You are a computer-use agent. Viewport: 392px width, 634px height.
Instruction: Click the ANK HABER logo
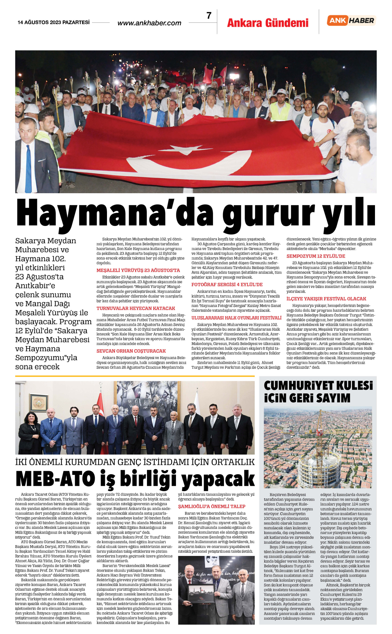pos(351,21)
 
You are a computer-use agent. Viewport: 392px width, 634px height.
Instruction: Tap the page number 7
pos(209,16)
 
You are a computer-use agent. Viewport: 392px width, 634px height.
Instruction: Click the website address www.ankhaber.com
pos(149,23)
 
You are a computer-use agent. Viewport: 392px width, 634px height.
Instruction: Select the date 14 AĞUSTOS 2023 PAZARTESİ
pos(54,22)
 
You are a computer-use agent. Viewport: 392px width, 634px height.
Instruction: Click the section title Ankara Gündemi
pos(268,23)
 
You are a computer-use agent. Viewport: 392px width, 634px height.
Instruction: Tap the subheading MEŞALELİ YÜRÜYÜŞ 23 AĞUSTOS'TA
pos(138,270)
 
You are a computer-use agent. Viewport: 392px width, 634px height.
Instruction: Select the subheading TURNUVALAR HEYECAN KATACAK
pos(136,308)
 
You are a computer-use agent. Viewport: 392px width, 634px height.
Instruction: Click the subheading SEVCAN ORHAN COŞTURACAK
pos(131,351)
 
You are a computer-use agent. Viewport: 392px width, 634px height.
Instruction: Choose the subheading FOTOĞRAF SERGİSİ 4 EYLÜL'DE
pos(227,285)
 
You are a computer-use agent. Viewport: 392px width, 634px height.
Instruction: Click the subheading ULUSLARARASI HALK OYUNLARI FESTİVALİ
pos(236,318)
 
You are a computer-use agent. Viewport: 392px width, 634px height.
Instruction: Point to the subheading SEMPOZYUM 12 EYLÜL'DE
pos(316,256)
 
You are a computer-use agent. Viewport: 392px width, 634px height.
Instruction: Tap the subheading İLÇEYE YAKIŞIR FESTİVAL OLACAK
pos(326,299)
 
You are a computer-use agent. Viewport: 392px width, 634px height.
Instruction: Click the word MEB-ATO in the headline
pos(55,479)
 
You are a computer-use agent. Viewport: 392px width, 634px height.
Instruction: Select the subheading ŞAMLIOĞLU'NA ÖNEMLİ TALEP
pos(212,506)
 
